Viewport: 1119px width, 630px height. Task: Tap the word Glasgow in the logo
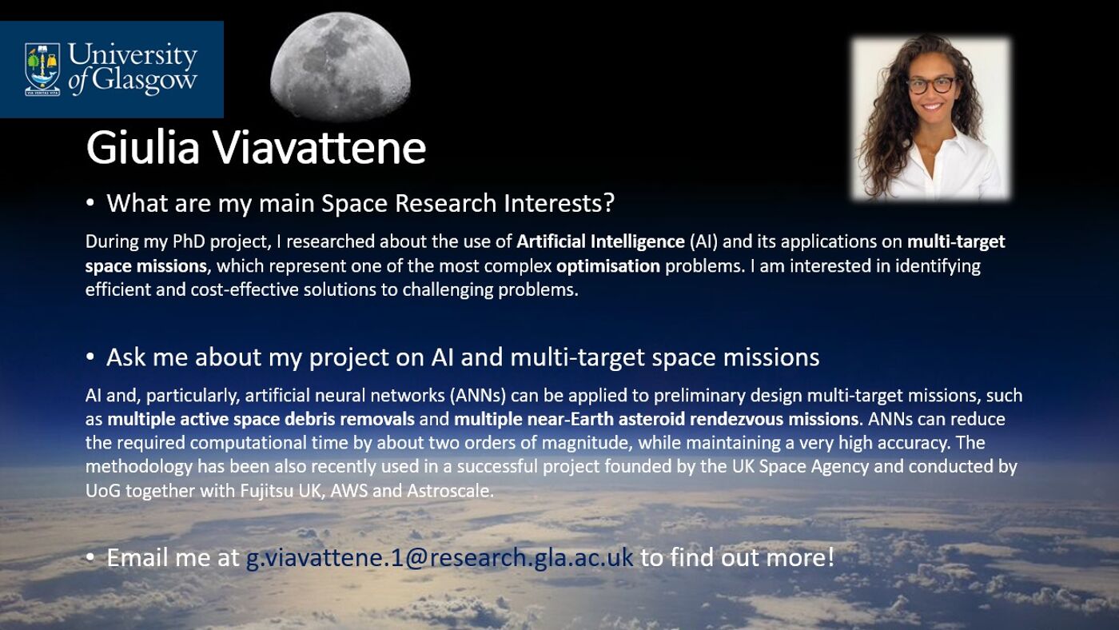tap(144, 80)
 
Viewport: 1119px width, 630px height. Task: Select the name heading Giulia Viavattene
tap(256, 148)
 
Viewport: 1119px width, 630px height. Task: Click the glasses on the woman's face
tap(930, 83)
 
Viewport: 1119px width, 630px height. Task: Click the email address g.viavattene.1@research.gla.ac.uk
tap(439, 557)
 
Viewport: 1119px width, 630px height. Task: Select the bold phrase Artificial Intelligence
tap(600, 241)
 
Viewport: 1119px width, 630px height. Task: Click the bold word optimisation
tap(608, 265)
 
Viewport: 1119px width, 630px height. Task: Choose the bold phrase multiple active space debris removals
tap(261, 419)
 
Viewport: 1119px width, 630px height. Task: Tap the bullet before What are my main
tap(90, 204)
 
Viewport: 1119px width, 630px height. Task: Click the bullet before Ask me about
tap(90, 357)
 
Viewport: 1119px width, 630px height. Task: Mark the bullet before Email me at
tap(90, 557)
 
